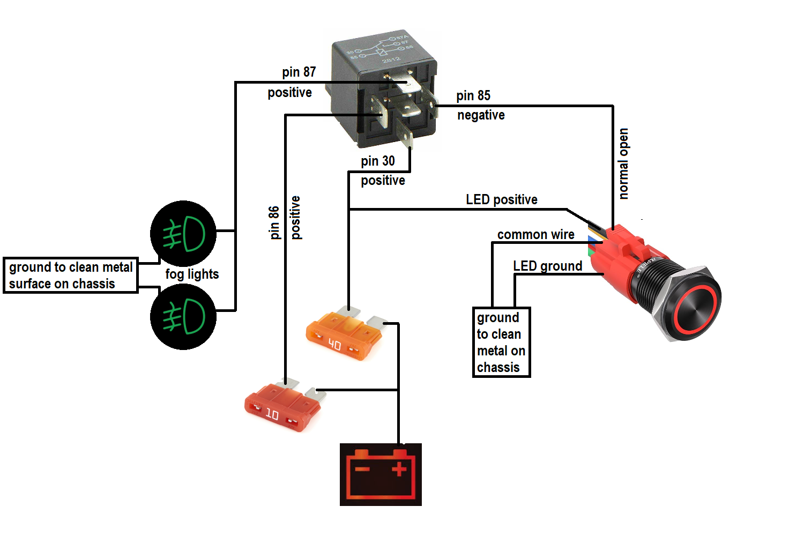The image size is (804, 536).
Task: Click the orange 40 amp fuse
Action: point(344,336)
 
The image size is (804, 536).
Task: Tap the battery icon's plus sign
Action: point(399,470)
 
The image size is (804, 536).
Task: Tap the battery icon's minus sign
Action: point(362,470)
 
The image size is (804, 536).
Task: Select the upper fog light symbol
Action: point(183,234)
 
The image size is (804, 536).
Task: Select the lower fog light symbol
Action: point(183,317)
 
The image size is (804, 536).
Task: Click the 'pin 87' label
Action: point(299,72)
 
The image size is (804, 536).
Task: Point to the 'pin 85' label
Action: point(473,95)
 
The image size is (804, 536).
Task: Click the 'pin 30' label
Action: point(378,161)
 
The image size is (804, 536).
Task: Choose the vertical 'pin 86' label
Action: point(274,222)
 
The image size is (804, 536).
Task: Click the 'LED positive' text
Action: point(501,199)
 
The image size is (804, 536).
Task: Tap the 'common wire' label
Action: point(535,234)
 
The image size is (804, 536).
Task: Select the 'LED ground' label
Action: point(547,266)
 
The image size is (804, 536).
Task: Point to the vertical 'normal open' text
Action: point(623,163)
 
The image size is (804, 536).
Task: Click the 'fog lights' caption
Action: point(192,274)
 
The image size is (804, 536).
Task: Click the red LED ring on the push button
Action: point(695,310)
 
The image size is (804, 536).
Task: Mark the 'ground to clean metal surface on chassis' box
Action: point(71,275)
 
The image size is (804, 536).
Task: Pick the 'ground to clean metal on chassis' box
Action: point(501,342)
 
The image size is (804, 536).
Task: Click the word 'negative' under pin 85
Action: point(481,115)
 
